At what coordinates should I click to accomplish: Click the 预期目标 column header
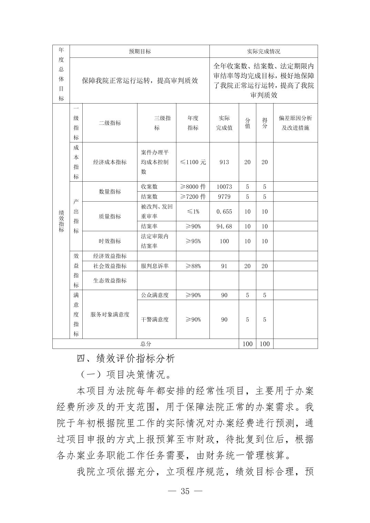[x=140, y=51]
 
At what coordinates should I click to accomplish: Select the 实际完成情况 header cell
[x=264, y=51]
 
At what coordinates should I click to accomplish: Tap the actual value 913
[x=224, y=162]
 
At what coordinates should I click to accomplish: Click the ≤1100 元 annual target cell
[x=193, y=162]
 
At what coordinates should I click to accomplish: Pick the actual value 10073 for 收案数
[x=224, y=187]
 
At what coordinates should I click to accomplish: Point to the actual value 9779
[x=224, y=197]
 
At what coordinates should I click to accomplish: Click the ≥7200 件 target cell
[x=193, y=197]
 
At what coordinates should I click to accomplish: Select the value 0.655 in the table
[x=224, y=212]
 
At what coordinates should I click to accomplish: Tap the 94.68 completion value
[x=224, y=226]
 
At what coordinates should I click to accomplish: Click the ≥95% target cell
[x=193, y=241]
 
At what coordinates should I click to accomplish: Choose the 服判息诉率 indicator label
[x=155, y=266]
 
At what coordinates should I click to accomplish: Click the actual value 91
[x=224, y=266]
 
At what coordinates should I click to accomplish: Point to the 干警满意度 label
[x=155, y=320]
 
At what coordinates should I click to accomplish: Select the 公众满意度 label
[x=155, y=295]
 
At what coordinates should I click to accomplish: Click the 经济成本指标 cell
[x=110, y=162]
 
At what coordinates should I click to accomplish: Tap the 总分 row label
[x=146, y=344]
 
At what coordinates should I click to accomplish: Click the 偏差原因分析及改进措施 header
[x=295, y=123]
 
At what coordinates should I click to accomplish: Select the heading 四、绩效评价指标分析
[x=126, y=359]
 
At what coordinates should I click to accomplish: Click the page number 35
[x=185, y=491]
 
